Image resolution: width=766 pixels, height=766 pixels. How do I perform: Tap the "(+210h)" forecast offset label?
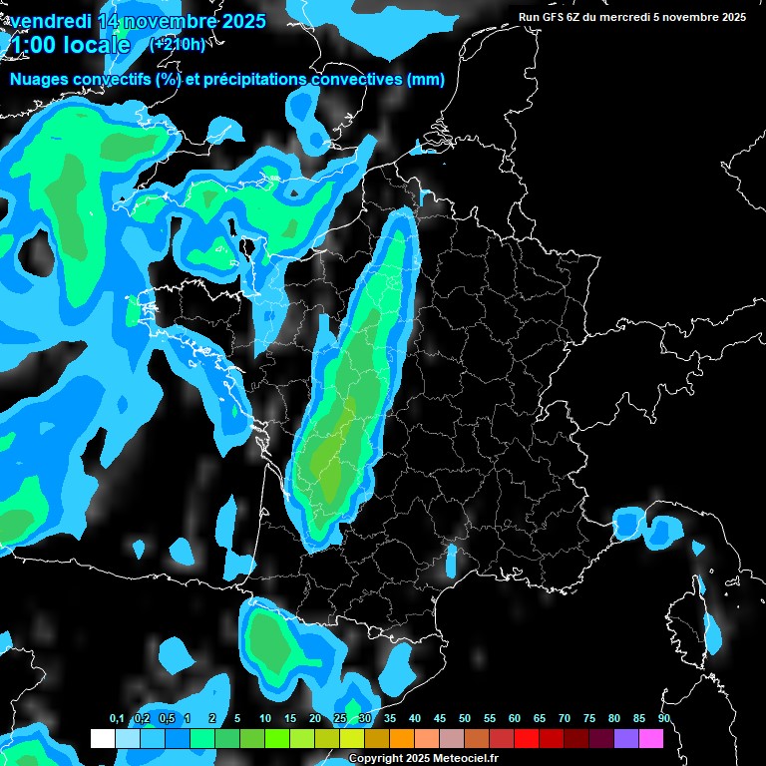177,44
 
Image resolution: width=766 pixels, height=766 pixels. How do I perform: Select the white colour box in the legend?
102,738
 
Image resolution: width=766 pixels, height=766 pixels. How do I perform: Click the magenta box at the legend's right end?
651,738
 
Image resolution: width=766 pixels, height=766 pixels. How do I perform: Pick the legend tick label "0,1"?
116,719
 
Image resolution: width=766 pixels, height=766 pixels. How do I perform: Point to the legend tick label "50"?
465,719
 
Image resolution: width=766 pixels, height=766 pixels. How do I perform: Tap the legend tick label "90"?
664,719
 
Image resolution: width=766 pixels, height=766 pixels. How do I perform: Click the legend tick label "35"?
390,719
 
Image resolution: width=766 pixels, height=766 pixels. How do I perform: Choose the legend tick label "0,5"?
166,719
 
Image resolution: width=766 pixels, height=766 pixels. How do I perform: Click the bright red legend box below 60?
527,738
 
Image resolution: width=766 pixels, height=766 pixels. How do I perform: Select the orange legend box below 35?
402,738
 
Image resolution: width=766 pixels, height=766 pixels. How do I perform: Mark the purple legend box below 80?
626,738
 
